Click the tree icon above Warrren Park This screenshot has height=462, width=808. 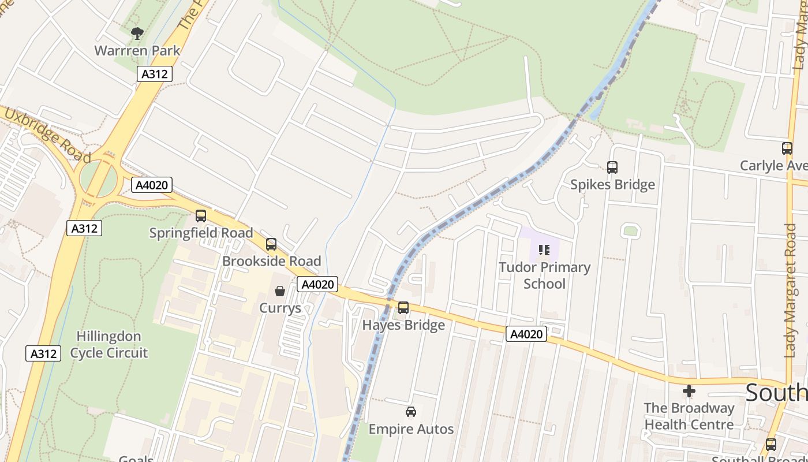tap(137, 33)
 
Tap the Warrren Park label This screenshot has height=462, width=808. tap(137, 51)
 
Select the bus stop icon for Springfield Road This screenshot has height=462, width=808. tap(201, 216)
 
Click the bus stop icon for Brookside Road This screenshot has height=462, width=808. tap(271, 244)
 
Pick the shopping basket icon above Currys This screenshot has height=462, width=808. tap(280, 291)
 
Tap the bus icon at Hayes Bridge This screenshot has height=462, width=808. tap(403, 308)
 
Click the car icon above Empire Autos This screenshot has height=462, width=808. tap(411, 412)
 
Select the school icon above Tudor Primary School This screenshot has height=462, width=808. tap(544, 250)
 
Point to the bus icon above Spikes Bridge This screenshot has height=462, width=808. tap(612, 167)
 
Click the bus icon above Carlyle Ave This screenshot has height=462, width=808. tap(787, 148)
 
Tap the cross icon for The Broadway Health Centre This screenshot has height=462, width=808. tap(689, 392)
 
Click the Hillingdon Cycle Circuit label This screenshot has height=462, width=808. tap(109, 344)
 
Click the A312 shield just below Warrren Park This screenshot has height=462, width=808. tap(155, 74)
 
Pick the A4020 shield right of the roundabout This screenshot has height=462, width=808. tap(152, 185)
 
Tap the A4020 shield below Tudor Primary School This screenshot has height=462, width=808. tap(526, 334)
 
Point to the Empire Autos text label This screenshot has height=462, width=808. tap(411, 429)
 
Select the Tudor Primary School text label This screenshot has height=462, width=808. tap(544, 275)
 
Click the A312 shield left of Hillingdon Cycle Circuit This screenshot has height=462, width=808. tap(43, 353)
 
